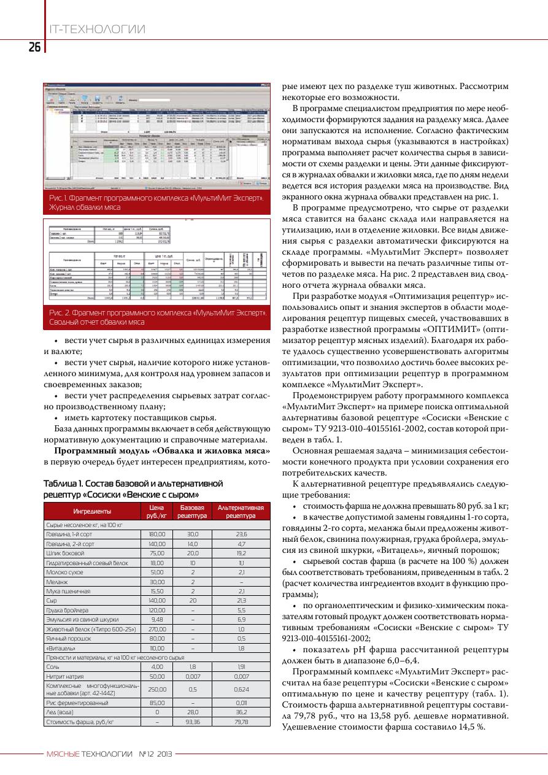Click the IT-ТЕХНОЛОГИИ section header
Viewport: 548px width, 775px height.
(x=96, y=29)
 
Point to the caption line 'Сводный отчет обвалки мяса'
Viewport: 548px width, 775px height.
(x=97, y=322)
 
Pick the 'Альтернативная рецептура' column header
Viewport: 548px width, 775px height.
(x=240, y=511)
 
